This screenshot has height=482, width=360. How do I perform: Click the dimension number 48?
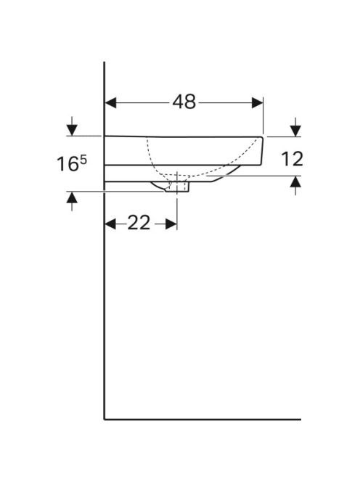point(184,102)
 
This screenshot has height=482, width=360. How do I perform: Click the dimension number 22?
point(139,223)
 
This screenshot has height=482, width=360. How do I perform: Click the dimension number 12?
point(292,159)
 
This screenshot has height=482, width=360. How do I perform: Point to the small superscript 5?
point(83,160)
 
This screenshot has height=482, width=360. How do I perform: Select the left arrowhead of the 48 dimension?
point(110,102)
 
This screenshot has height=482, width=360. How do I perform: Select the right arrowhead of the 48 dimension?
point(258,102)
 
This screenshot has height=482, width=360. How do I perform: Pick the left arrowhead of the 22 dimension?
point(110,224)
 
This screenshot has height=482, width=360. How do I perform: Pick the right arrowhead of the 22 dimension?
point(171,224)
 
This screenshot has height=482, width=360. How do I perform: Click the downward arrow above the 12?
point(295,127)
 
